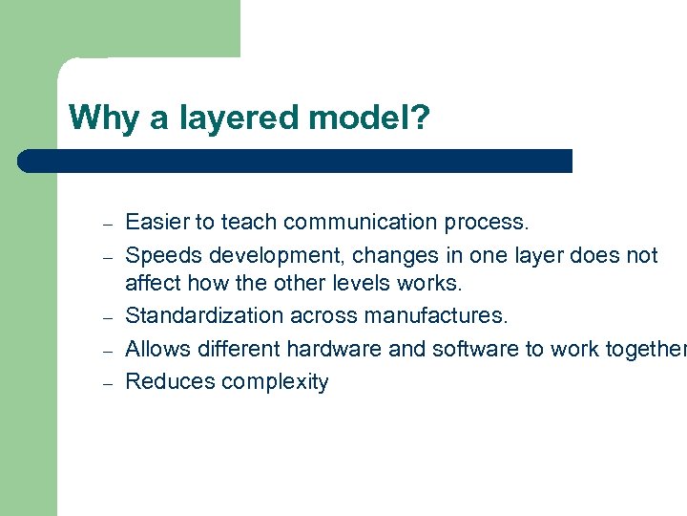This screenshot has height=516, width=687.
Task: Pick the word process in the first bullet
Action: pos(485,223)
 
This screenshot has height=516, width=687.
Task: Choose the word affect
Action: pos(153,284)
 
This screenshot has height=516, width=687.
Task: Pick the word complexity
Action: pos(275,382)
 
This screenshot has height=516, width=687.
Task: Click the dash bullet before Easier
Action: pos(109,224)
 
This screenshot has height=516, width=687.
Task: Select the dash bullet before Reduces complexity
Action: pos(109,383)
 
